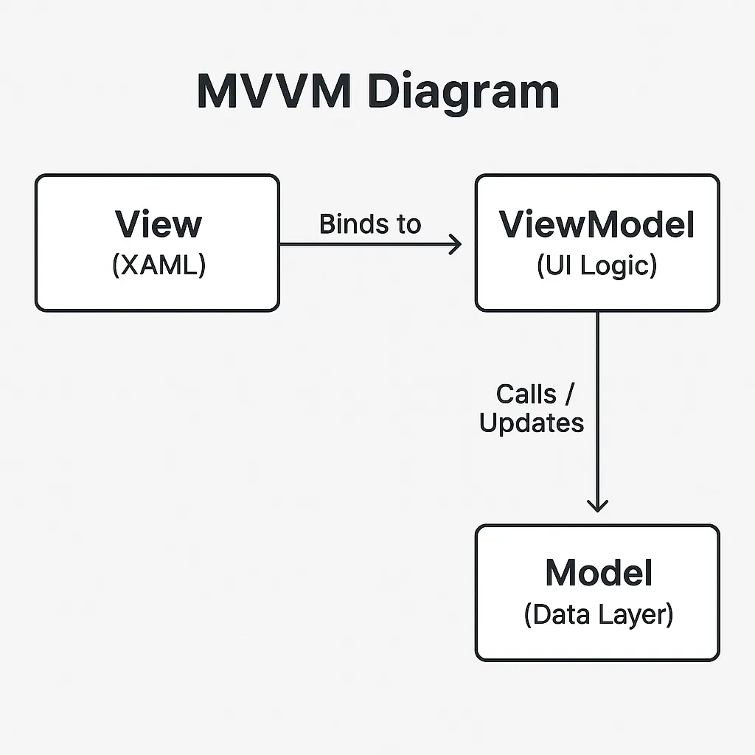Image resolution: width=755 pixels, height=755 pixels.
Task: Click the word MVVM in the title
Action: coord(273,91)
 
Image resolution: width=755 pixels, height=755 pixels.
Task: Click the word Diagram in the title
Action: coord(462,91)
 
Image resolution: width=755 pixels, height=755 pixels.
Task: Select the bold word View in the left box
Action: coord(158,223)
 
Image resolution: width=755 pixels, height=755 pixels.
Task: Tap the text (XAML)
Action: coord(158,265)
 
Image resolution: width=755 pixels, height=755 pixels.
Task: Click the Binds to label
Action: coord(369,223)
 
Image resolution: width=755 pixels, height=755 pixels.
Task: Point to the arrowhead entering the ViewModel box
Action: coord(456,244)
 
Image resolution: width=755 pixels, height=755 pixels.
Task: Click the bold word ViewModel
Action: coord(596,223)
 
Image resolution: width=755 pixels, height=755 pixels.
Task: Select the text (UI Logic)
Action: coord(596,265)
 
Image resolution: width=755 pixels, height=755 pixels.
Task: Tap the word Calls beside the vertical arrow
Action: coord(526,394)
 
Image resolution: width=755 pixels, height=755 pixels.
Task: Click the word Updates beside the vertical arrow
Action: coord(531,423)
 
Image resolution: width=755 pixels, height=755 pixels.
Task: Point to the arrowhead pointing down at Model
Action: coord(597,505)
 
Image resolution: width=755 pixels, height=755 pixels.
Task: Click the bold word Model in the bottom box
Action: coord(598,573)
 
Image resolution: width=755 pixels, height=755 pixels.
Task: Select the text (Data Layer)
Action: coord(598,614)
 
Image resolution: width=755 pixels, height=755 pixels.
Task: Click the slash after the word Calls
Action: coord(568,394)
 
